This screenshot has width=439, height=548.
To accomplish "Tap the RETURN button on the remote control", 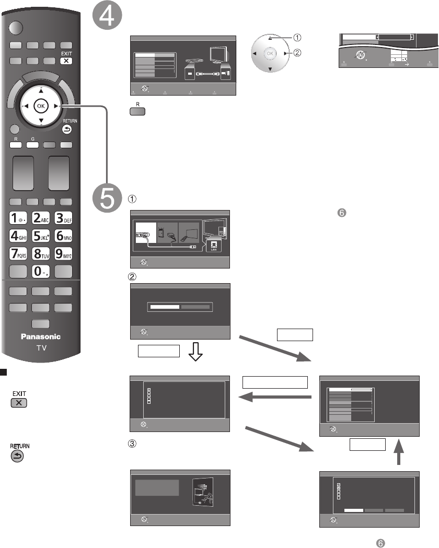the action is pos(69,130).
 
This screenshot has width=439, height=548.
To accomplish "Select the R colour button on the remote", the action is pos(16,146).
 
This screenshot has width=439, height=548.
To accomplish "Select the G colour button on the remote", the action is pos(32,146).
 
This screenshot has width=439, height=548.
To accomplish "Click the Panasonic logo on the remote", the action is pos(41,336).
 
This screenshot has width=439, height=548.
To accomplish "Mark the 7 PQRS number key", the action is pos(16,253).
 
